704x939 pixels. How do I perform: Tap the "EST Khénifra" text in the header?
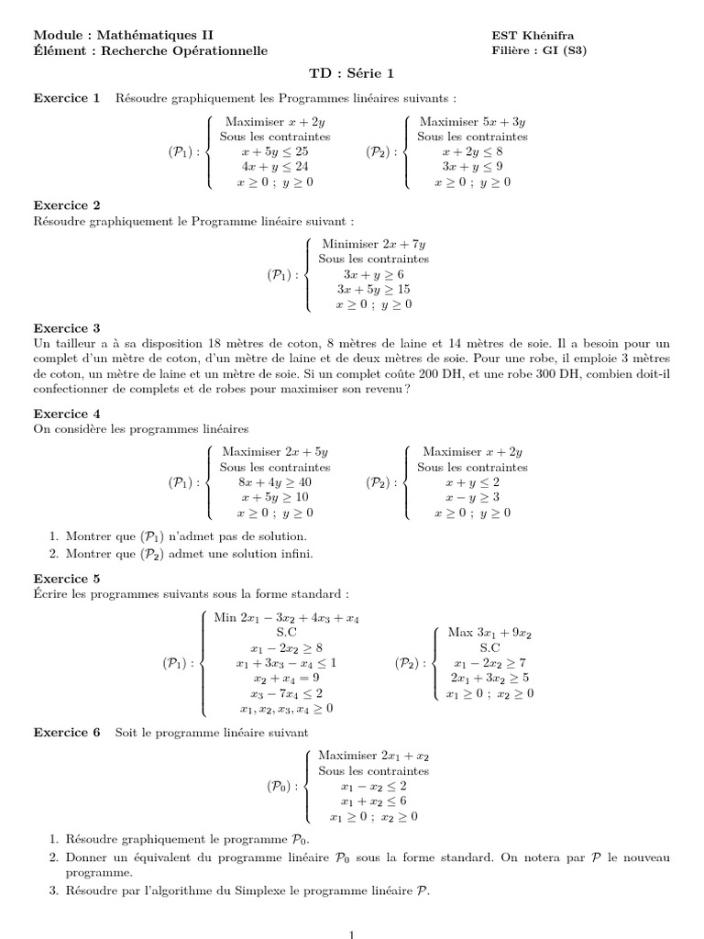point(533,36)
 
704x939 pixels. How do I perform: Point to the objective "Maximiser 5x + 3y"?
point(472,121)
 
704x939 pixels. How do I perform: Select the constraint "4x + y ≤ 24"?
point(275,167)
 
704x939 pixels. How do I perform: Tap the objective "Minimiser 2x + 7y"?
point(373,244)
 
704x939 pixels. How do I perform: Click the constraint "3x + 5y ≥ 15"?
point(373,289)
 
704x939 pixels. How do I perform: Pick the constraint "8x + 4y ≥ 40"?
point(275,481)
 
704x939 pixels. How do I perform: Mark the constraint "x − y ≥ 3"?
point(472,497)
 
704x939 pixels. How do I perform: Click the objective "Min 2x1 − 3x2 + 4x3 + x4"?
point(286,618)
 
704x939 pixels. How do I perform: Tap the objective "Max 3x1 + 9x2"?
point(489,633)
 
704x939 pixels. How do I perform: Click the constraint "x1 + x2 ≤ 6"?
point(373,801)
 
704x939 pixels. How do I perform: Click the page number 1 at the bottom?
point(352,933)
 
